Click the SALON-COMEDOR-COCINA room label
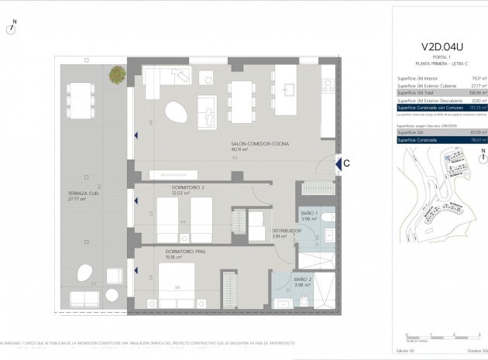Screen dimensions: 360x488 point(259,144)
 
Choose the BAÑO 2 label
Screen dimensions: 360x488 point(303,279)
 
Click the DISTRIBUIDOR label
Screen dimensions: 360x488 point(286,231)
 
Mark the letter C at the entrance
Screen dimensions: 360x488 point(347,163)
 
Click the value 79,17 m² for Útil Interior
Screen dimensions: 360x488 point(479,78)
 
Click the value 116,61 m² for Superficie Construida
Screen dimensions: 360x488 point(477,140)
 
